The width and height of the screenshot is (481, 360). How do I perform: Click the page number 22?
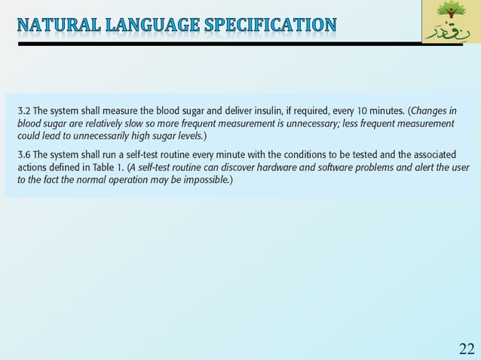[x=467, y=347]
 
